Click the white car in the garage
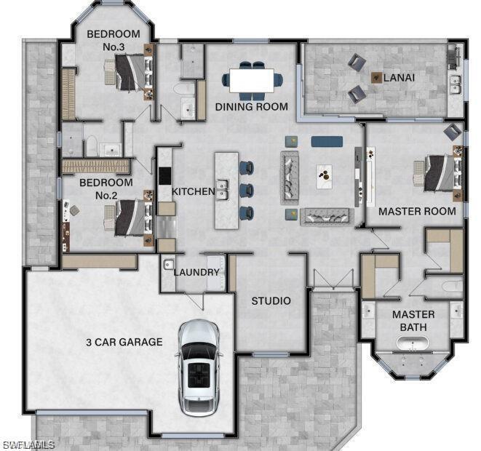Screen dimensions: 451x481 coord(199,367)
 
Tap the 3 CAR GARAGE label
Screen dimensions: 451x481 coord(124,342)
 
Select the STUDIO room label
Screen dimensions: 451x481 coord(271,300)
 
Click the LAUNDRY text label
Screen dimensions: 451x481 coord(196,272)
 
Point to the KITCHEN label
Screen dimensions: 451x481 coord(193,191)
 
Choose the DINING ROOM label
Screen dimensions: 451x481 coord(251,107)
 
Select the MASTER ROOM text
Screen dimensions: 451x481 coord(417,211)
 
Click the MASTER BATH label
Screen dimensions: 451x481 coord(413,321)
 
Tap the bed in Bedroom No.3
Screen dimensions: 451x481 coord(130,71)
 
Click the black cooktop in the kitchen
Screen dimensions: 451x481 coord(165,177)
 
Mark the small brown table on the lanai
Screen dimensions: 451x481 coord(376,76)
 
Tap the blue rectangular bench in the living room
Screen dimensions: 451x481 coord(327,141)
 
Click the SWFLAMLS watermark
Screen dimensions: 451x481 coord(28,444)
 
